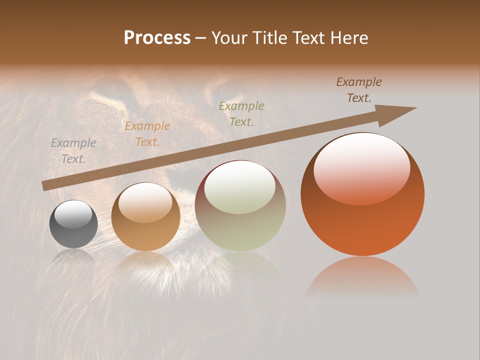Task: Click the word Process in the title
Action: point(157,38)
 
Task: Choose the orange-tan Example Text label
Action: point(147,134)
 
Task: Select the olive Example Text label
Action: point(241,114)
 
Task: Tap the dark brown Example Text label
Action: point(359,90)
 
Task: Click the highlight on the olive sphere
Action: point(240,187)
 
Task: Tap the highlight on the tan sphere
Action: point(145,201)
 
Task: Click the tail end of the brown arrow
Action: point(44,185)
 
